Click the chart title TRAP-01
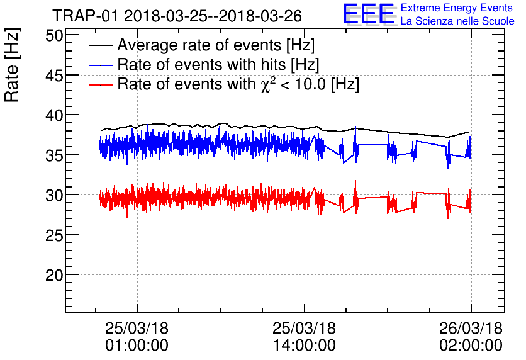click(x=177, y=14)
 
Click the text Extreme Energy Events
click(x=457, y=8)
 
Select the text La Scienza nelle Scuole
click(x=457, y=21)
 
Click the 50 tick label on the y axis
click(x=54, y=35)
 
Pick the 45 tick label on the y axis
click(x=54, y=76)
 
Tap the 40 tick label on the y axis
click(x=54, y=115)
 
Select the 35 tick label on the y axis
click(x=54, y=155)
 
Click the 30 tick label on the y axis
click(x=54, y=195)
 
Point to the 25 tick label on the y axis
click(x=54, y=235)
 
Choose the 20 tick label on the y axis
click(x=54, y=275)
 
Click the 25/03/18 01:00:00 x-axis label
click(x=137, y=337)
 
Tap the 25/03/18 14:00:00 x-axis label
click(x=305, y=337)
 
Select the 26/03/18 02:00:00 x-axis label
click(x=471, y=337)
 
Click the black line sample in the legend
click(x=101, y=46)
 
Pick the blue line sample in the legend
click(x=101, y=65)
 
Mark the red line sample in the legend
click(x=101, y=84)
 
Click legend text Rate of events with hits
click(x=218, y=65)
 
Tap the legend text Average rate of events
click(x=216, y=46)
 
